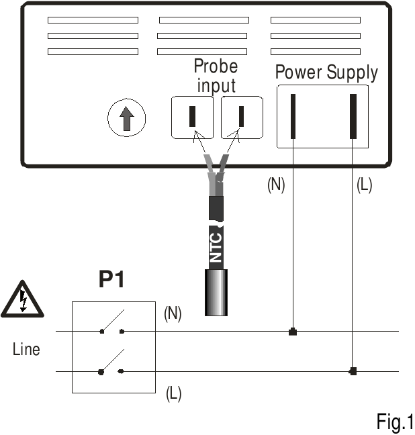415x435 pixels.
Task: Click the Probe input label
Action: click(216, 76)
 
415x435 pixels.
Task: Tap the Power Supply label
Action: click(326, 72)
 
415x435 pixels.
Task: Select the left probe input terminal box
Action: click(192, 117)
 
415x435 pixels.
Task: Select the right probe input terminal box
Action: click(242, 117)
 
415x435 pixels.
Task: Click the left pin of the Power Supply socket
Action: click(293, 116)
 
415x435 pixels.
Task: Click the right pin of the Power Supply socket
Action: click(353, 116)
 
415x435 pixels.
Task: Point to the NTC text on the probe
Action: click(216, 246)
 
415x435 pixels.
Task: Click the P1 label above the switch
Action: click(111, 280)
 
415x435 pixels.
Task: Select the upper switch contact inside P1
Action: click(111, 323)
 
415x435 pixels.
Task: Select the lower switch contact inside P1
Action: click(111, 362)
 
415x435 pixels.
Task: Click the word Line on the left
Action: click(26, 350)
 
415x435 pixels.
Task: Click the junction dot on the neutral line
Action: click(293, 332)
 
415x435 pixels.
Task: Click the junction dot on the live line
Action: click(353, 371)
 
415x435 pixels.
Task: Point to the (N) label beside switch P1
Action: click(173, 313)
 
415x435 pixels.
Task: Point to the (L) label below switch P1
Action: click(173, 394)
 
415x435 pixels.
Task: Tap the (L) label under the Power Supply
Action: click(364, 185)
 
